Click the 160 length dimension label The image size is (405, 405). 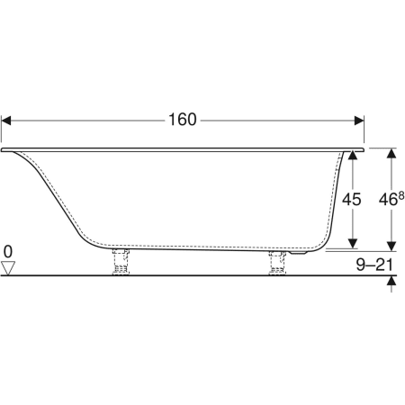coord(183,120)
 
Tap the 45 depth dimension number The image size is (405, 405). coord(352,199)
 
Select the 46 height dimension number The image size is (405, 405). coord(388,200)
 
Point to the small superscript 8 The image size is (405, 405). coord(401,196)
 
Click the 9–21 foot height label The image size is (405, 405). coord(374,265)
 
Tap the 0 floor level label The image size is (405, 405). coord(8,252)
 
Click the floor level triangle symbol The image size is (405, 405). coord(8,268)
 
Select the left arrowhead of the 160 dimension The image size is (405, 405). coord(6,121)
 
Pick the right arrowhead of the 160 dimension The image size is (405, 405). coord(359,121)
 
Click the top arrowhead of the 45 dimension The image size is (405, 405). coord(354,156)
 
